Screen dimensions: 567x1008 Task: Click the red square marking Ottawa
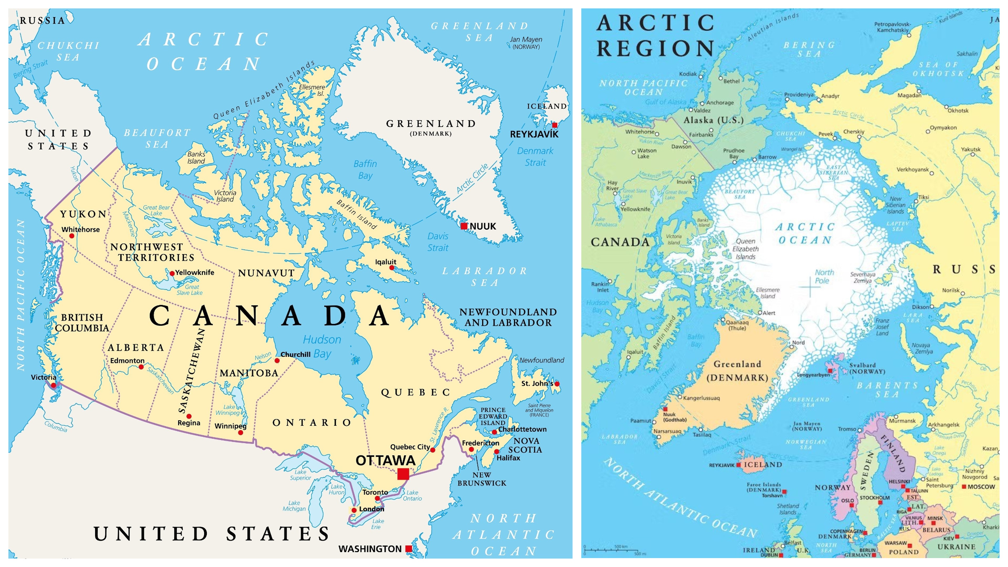[x=403, y=474]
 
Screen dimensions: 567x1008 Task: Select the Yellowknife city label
[x=195, y=272]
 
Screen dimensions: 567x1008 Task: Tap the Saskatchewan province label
[x=191, y=371]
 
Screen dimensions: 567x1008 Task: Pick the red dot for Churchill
[x=277, y=360]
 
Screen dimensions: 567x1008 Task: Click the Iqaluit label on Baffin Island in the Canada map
[x=385, y=262]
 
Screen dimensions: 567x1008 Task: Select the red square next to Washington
[x=408, y=549]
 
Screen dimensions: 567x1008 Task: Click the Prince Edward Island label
[x=493, y=416]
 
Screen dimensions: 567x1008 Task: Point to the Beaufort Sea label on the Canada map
[x=157, y=139]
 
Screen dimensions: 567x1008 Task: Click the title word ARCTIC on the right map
[x=655, y=23]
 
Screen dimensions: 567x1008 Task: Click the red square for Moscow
[x=964, y=486]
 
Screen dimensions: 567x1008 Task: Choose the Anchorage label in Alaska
[x=720, y=103]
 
